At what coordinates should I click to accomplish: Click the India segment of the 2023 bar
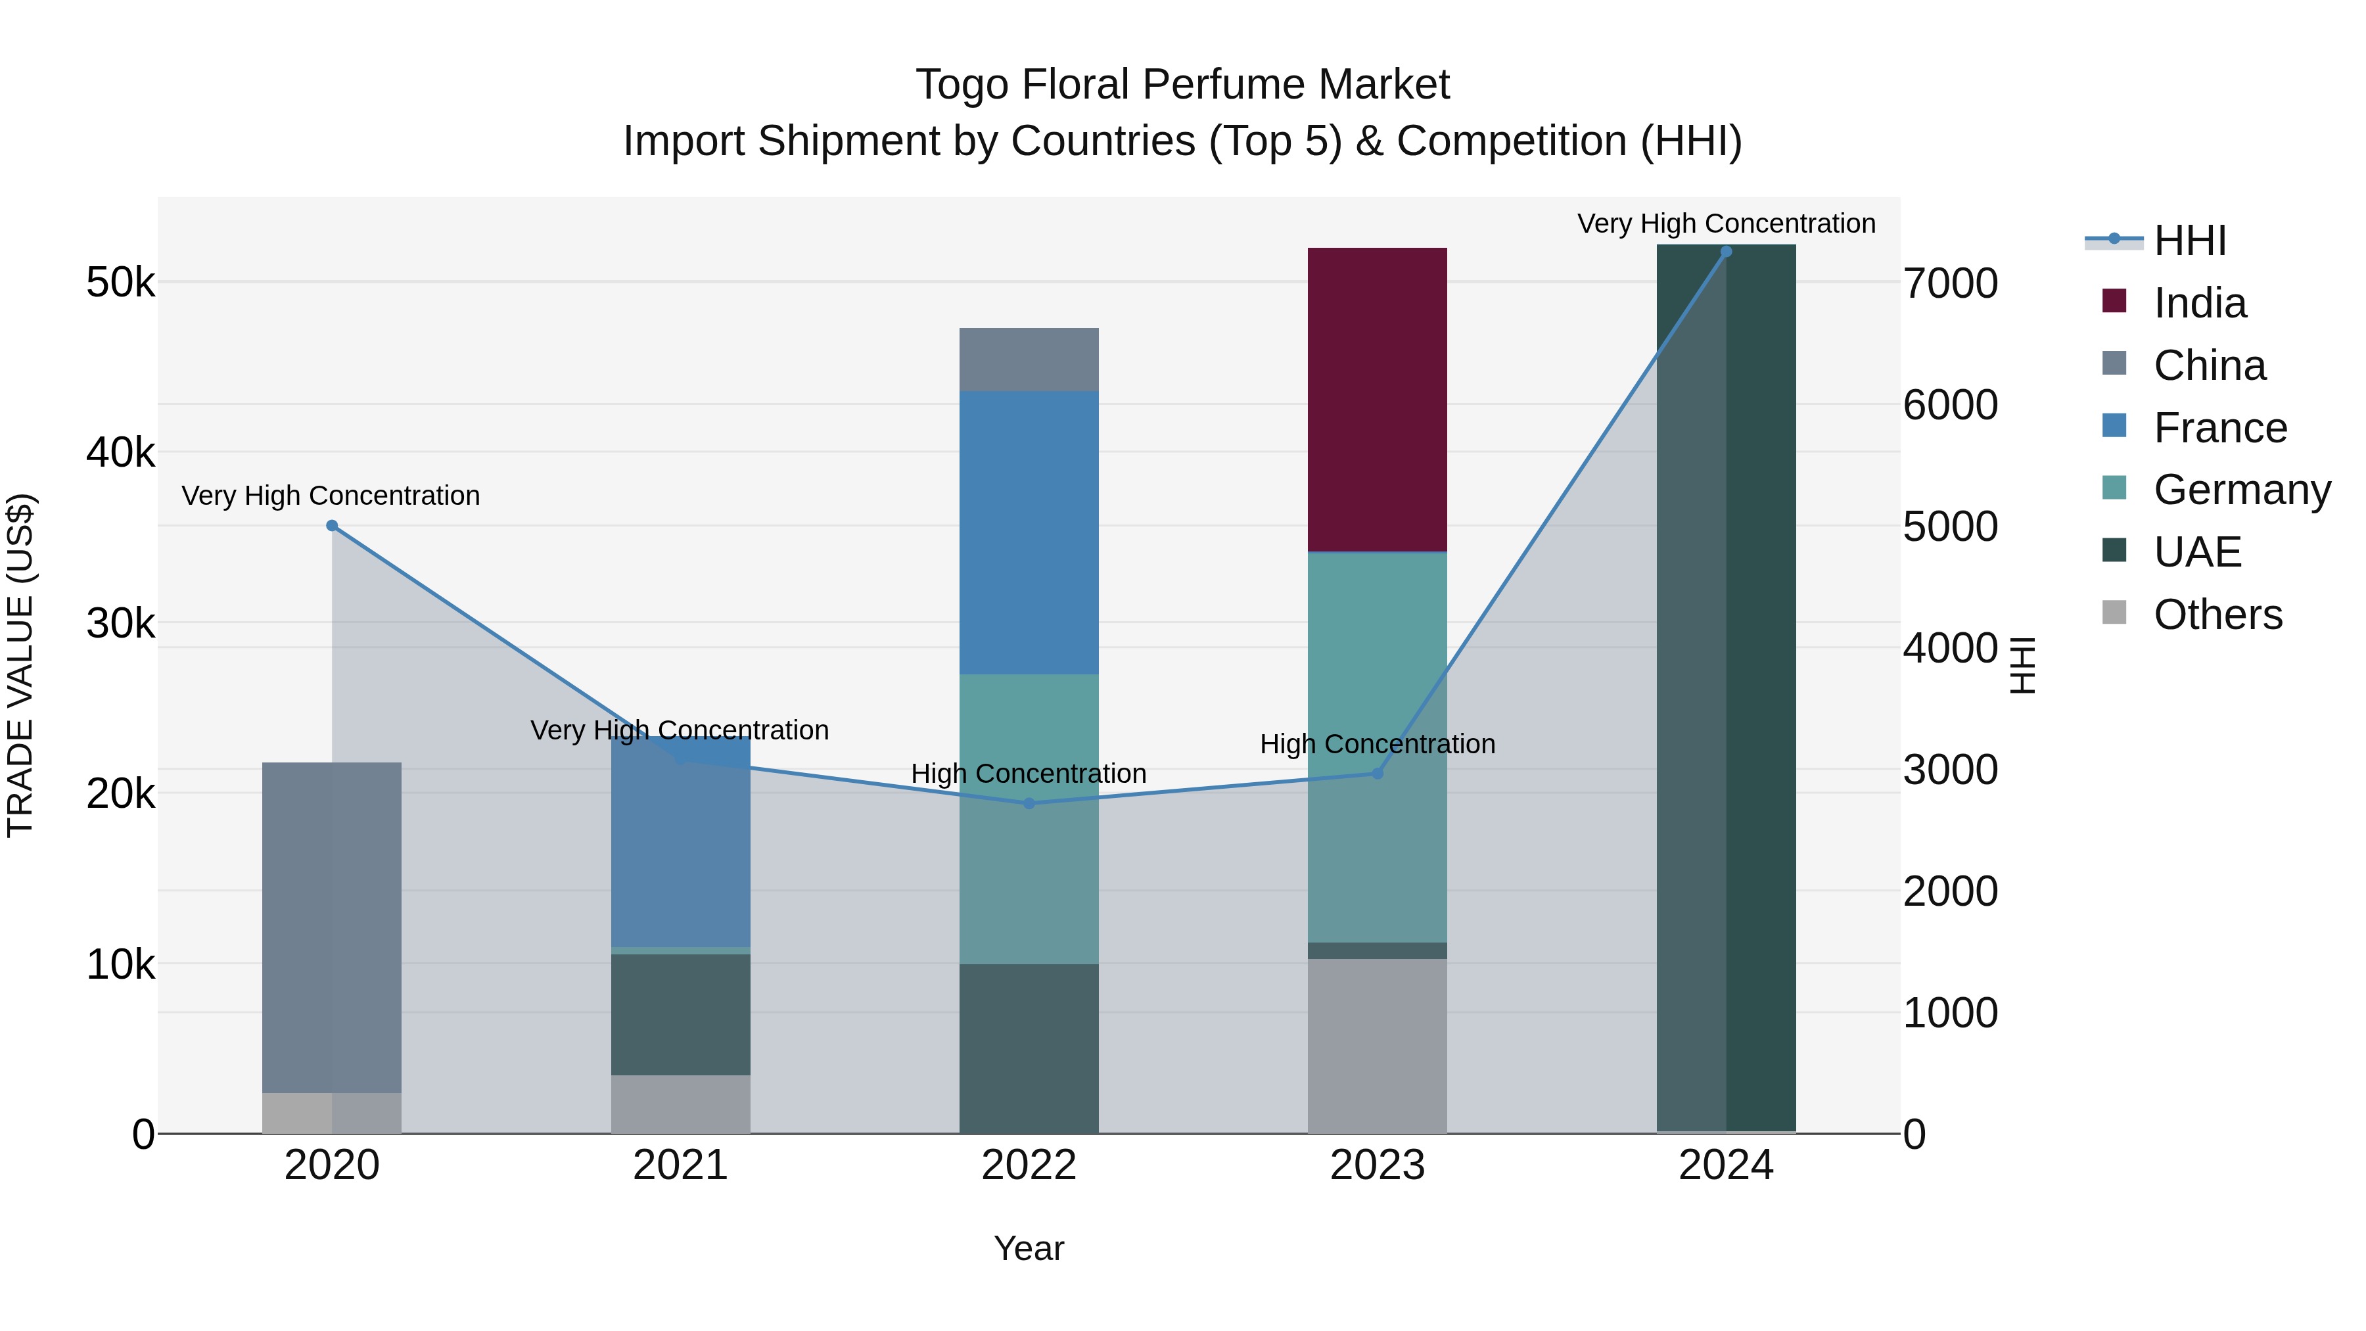(1377, 400)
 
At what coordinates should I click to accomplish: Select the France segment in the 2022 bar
(1029, 533)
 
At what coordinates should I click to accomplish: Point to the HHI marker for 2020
(333, 525)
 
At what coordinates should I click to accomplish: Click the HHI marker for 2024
(1726, 252)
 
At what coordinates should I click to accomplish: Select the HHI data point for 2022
(1029, 803)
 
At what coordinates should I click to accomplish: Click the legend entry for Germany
(2241, 490)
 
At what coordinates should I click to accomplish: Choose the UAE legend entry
(2197, 552)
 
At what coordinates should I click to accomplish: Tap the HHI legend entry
(2190, 241)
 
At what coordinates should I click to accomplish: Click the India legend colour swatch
(2114, 301)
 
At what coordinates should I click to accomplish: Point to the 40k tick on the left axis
(120, 453)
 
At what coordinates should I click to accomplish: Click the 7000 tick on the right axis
(1950, 283)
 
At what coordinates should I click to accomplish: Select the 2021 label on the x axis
(681, 1165)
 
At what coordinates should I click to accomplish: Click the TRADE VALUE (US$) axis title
(20, 665)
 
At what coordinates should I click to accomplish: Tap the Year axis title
(1029, 1248)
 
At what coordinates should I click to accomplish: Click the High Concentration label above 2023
(1377, 744)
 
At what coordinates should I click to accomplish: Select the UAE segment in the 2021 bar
(681, 1014)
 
